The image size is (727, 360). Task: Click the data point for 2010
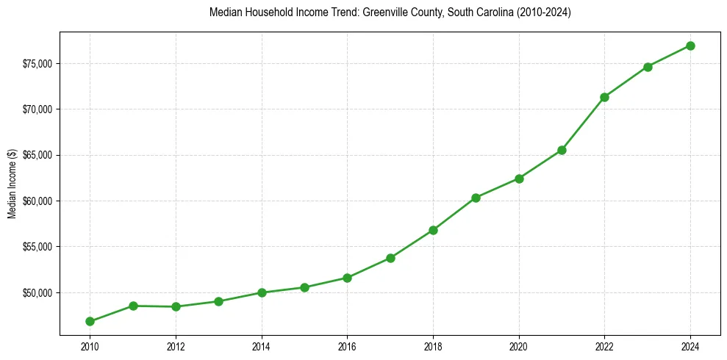90,321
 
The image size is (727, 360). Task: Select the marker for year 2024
690,46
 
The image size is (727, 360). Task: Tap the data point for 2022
604,97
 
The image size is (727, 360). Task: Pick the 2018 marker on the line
433,230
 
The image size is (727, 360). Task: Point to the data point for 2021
562,150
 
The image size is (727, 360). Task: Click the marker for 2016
347,278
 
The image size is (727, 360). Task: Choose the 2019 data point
476,198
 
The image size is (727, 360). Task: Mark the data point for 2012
176,306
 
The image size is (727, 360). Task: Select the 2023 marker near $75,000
648,67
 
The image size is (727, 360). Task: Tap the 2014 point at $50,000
262,292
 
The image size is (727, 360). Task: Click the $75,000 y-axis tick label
37,64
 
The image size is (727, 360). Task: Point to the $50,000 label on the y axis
37,293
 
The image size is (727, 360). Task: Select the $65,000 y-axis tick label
37,156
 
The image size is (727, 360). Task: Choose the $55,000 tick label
37,247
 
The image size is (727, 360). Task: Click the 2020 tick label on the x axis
519,346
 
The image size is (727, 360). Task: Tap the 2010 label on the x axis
90,346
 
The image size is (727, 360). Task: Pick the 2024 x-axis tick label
690,346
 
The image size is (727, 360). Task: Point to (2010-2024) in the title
543,13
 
